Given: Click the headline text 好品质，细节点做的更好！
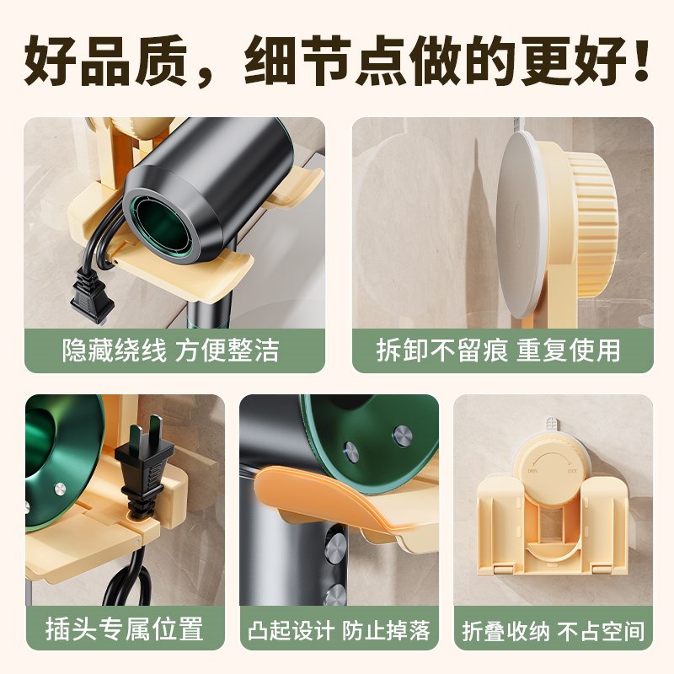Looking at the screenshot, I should [x=337, y=61].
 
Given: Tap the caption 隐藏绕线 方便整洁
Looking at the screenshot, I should [x=170, y=350].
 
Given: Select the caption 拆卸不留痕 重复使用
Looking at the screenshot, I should [x=502, y=350].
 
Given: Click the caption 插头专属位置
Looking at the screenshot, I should [x=125, y=629].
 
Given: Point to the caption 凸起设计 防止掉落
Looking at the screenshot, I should [x=339, y=630].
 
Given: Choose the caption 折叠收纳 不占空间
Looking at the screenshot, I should [x=554, y=630].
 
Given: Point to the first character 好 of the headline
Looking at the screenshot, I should [x=49, y=61].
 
